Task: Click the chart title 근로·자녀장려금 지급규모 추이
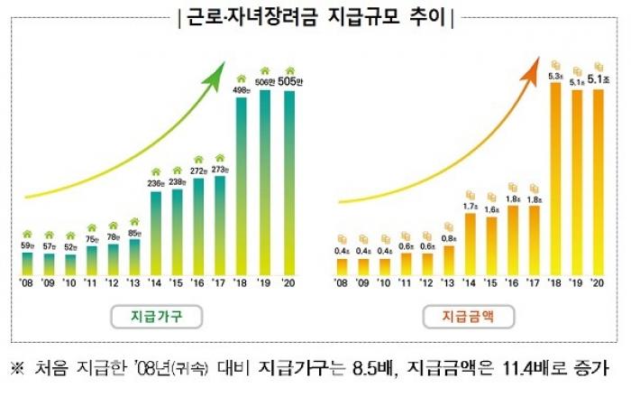[x=315, y=17]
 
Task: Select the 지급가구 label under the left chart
[x=154, y=316]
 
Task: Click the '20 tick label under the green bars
[x=288, y=283]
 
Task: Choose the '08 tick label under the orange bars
[x=341, y=283]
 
